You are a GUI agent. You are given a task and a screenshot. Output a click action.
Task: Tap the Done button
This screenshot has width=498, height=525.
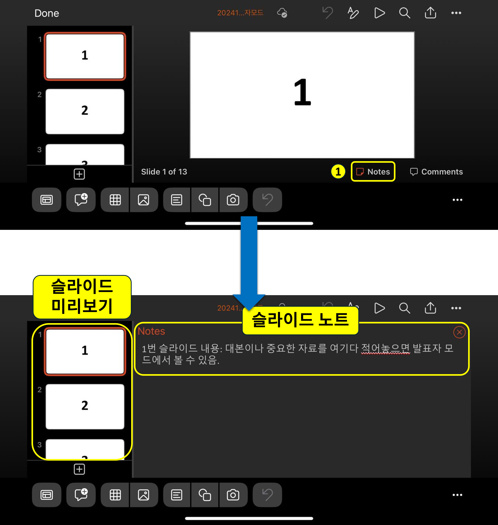[x=47, y=13]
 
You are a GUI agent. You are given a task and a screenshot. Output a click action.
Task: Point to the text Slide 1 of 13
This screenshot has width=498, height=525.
[x=164, y=172]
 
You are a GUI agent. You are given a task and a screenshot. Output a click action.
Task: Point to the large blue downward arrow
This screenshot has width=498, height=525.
[x=249, y=260]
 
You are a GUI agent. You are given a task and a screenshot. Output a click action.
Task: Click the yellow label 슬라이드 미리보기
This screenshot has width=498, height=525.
[x=82, y=297]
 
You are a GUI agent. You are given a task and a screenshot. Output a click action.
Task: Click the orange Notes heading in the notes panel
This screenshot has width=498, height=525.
[x=151, y=331]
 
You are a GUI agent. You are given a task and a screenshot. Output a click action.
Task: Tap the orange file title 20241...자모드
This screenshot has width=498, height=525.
[x=240, y=13]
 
